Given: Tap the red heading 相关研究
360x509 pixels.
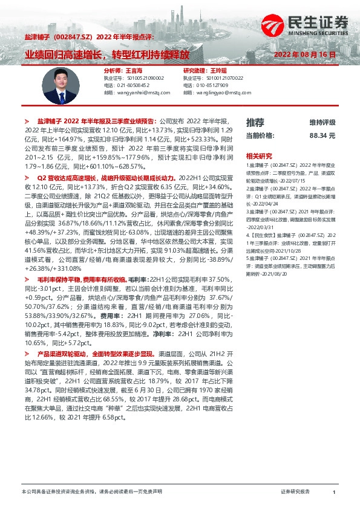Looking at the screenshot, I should [258, 155].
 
